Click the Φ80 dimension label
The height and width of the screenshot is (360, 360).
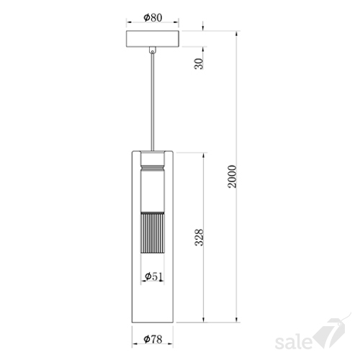pos(153,17)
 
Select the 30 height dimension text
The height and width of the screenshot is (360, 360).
pos(199,63)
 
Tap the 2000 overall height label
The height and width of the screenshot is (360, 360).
pos(232,176)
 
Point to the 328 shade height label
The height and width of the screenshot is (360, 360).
pos(199,238)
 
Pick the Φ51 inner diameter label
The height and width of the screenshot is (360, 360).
pos(153,276)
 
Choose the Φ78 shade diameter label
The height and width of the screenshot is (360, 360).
pos(153,339)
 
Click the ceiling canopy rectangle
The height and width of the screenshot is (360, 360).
pos(153,39)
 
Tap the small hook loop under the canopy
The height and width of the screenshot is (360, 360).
pos(153,50)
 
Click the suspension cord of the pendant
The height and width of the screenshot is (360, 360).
pos(153,102)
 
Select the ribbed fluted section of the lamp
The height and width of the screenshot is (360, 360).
pos(153,233)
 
